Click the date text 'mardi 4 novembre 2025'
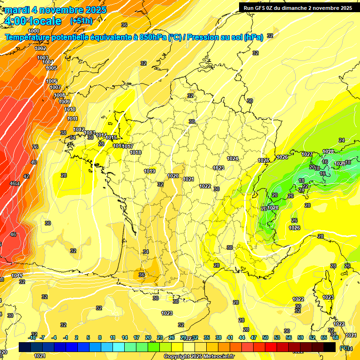[x=55, y=10]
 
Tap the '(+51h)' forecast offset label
[x=81, y=21]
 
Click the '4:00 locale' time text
[x=32, y=21]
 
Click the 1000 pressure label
[x=34, y=31]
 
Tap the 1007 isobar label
[x=55, y=87]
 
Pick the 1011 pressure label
[x=72, y=119]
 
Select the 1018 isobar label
[x=135, y=152]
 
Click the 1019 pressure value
[x=150, y=171]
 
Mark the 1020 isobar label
[x=173, y=176]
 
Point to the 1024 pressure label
[x=232, y=158]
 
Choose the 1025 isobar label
[x=264, y=160]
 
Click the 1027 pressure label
[x=307, y=154]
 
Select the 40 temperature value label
[x=33, y=162]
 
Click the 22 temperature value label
[x=305, y=186]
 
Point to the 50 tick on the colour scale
[x=265, y=337]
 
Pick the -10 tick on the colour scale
[x=32, y=337]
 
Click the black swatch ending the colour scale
[x=330, y=347]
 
